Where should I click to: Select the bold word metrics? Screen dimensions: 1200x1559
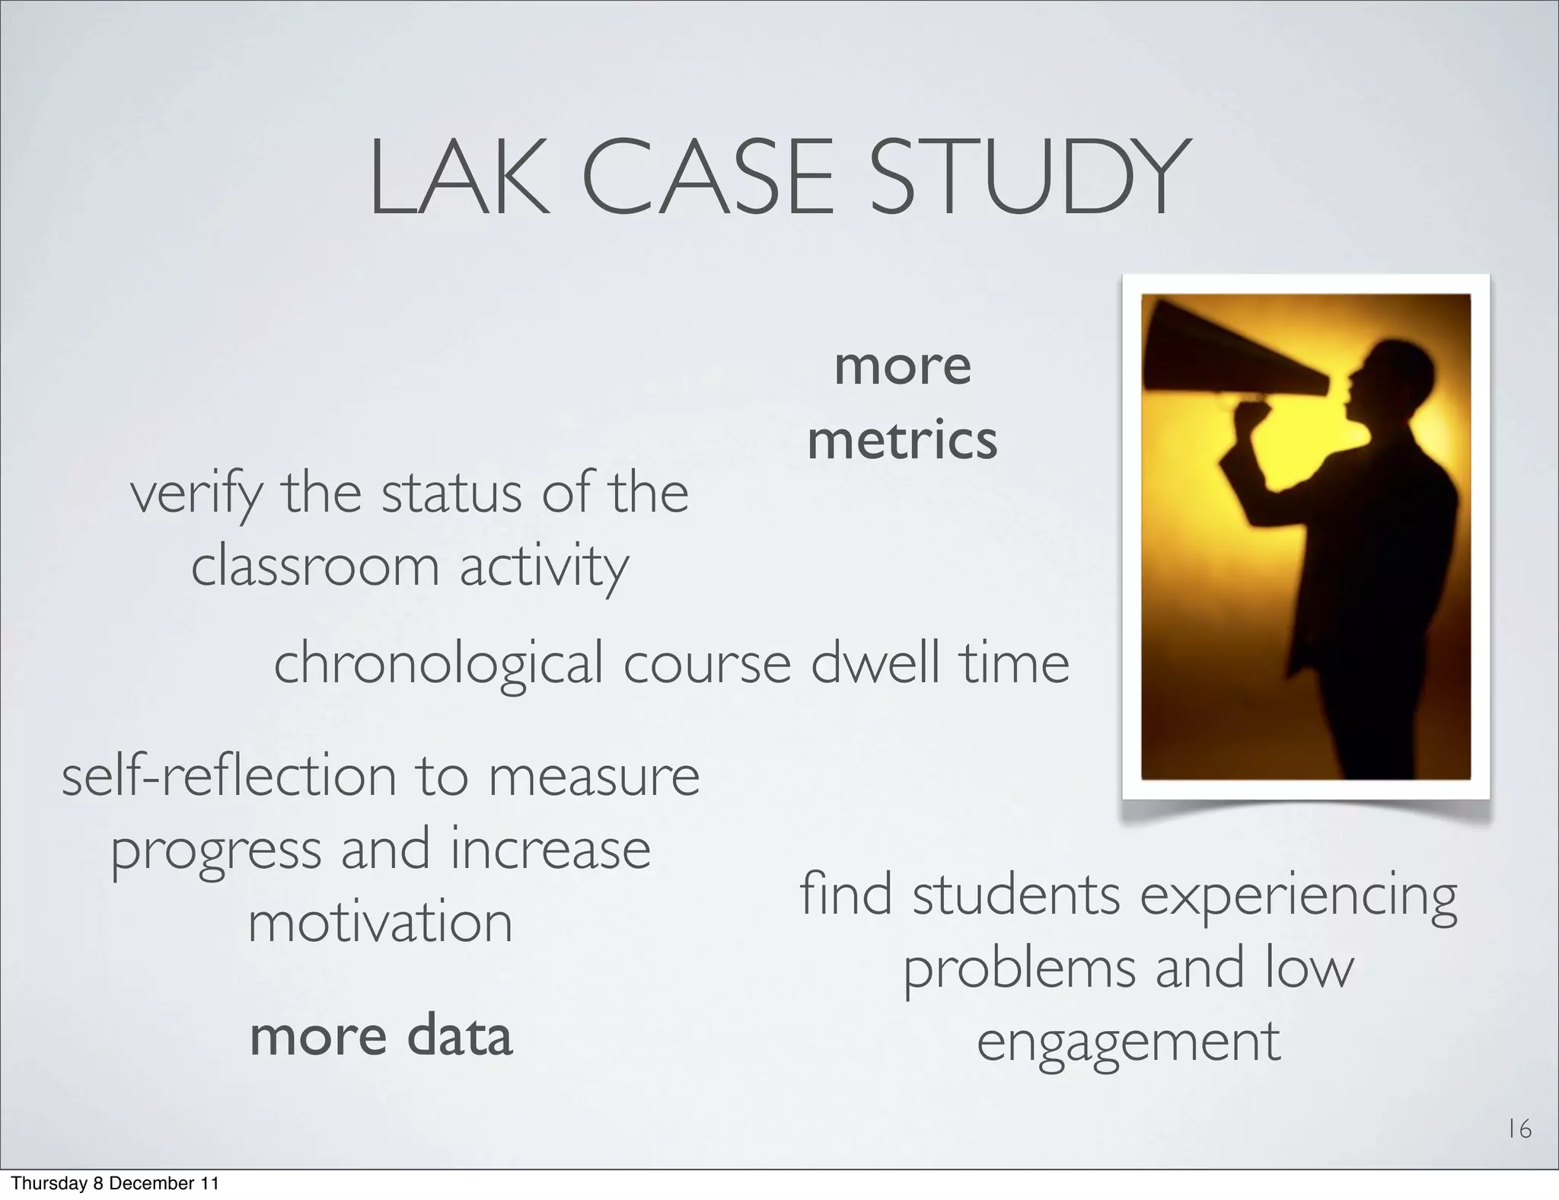pos(902,441)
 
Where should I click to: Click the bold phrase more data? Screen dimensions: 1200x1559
pos(381,1036)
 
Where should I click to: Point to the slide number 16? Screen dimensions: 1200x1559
pos(1519,1129)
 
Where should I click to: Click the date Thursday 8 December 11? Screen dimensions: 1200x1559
pos(115,1183)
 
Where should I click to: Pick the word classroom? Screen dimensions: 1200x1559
pos(315,567)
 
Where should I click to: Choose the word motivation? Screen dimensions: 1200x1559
pos(381,922)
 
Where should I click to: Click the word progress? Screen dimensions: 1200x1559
pos(216,851)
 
